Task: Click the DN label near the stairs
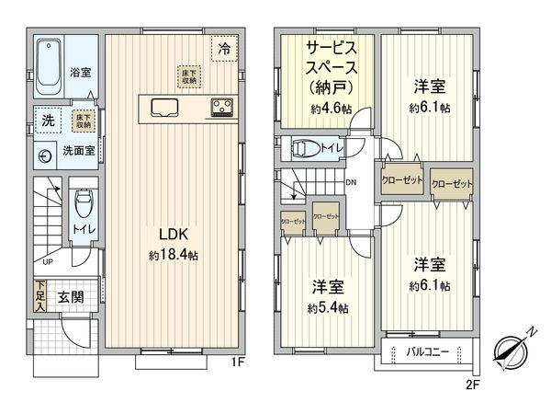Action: (351, 182)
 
